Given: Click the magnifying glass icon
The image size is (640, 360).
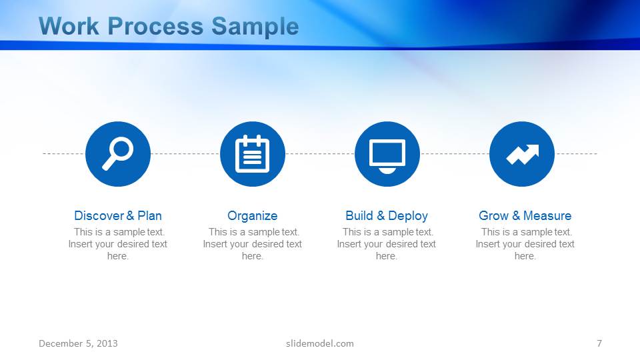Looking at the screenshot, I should (x=118, y=154).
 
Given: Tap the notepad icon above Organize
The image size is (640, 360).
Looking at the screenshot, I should (x=253, y=154).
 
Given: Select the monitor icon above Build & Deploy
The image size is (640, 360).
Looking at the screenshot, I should (x=387, y=154).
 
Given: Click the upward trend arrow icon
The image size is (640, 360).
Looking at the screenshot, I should (x=522, y=154).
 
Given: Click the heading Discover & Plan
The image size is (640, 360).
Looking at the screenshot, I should (x=118, y=215).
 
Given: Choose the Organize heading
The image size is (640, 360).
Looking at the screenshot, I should (x=253, y=215).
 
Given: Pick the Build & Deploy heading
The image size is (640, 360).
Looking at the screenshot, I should (x=387, y=215).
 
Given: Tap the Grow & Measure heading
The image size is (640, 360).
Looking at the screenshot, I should (x=525, y=215).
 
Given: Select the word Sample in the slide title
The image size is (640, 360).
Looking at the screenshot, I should (x=255, y=27).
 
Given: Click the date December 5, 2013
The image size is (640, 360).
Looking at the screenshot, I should (x=78, y=343).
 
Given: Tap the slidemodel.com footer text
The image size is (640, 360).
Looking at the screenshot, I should (x=320, y=343).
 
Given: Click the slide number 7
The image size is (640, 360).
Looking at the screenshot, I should (x=599, y=343).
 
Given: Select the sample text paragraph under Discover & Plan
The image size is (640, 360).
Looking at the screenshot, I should (x=118, y=244).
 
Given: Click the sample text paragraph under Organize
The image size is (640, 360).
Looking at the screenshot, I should (x=253, y=244).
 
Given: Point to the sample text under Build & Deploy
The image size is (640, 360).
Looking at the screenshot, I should (x=387, y=244).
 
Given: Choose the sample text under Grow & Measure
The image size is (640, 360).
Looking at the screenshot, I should (x=525, y=244).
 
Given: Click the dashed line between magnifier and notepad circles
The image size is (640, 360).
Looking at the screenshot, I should (x=185, y=154).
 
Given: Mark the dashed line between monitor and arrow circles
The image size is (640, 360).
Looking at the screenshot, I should (x=455, y=154).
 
